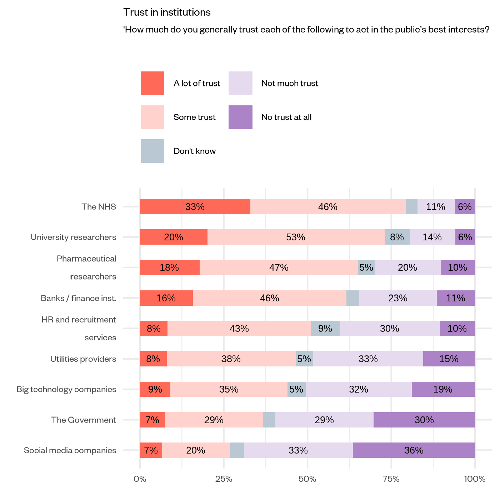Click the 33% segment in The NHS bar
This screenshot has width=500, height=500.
[x=195, y=207]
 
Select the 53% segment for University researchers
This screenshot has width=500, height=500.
[x=296, y=237]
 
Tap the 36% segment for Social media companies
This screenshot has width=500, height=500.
[x=414, y=450]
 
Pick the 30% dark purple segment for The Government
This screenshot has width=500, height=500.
[x=424, y=420]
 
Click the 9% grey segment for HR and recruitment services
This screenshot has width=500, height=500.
[x=325, y=329]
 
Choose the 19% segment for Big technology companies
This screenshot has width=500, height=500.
[x=443, y=389]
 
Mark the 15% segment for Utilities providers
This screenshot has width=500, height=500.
[x=449, y=359]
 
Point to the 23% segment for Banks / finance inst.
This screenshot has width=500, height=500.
[x=397, y=298]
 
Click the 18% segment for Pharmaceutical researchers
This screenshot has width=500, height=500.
[x=169, y=267]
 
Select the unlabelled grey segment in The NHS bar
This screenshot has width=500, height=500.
[x=411, y=207]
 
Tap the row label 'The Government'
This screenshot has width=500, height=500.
[x=84, y=420]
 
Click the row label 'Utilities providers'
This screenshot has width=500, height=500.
[x=83, y=359]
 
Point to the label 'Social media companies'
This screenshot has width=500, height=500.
[x=70, y=450]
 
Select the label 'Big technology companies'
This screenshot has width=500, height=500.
[x=66, y=389]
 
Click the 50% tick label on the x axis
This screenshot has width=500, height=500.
[x=307, y=479]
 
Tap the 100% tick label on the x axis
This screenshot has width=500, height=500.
[x=474, y=479]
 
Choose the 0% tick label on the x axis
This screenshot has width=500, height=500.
[x=140, y=479]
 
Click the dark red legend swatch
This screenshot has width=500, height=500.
[x=152, y=83]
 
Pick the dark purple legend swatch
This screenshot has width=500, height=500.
[x=240, y=117]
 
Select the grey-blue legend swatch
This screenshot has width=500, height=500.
[x=152, y=151]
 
